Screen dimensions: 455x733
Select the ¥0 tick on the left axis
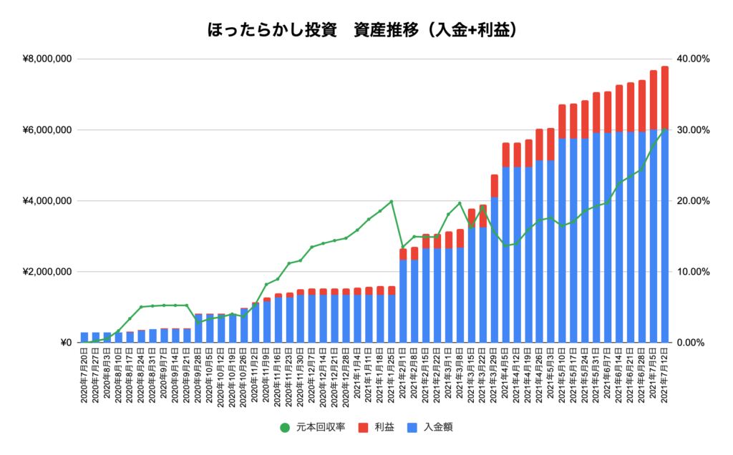(x=63, y=343)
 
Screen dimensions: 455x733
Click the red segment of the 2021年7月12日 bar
(x=665, y=97)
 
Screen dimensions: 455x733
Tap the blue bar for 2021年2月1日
(x=403, y=300)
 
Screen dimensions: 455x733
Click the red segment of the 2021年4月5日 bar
(x=505, y=155)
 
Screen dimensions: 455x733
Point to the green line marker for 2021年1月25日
(x=392, y=202)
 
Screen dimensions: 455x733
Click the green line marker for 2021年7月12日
(x=665, y=129)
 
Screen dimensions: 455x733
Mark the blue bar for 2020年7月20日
(x=84, y=338)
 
